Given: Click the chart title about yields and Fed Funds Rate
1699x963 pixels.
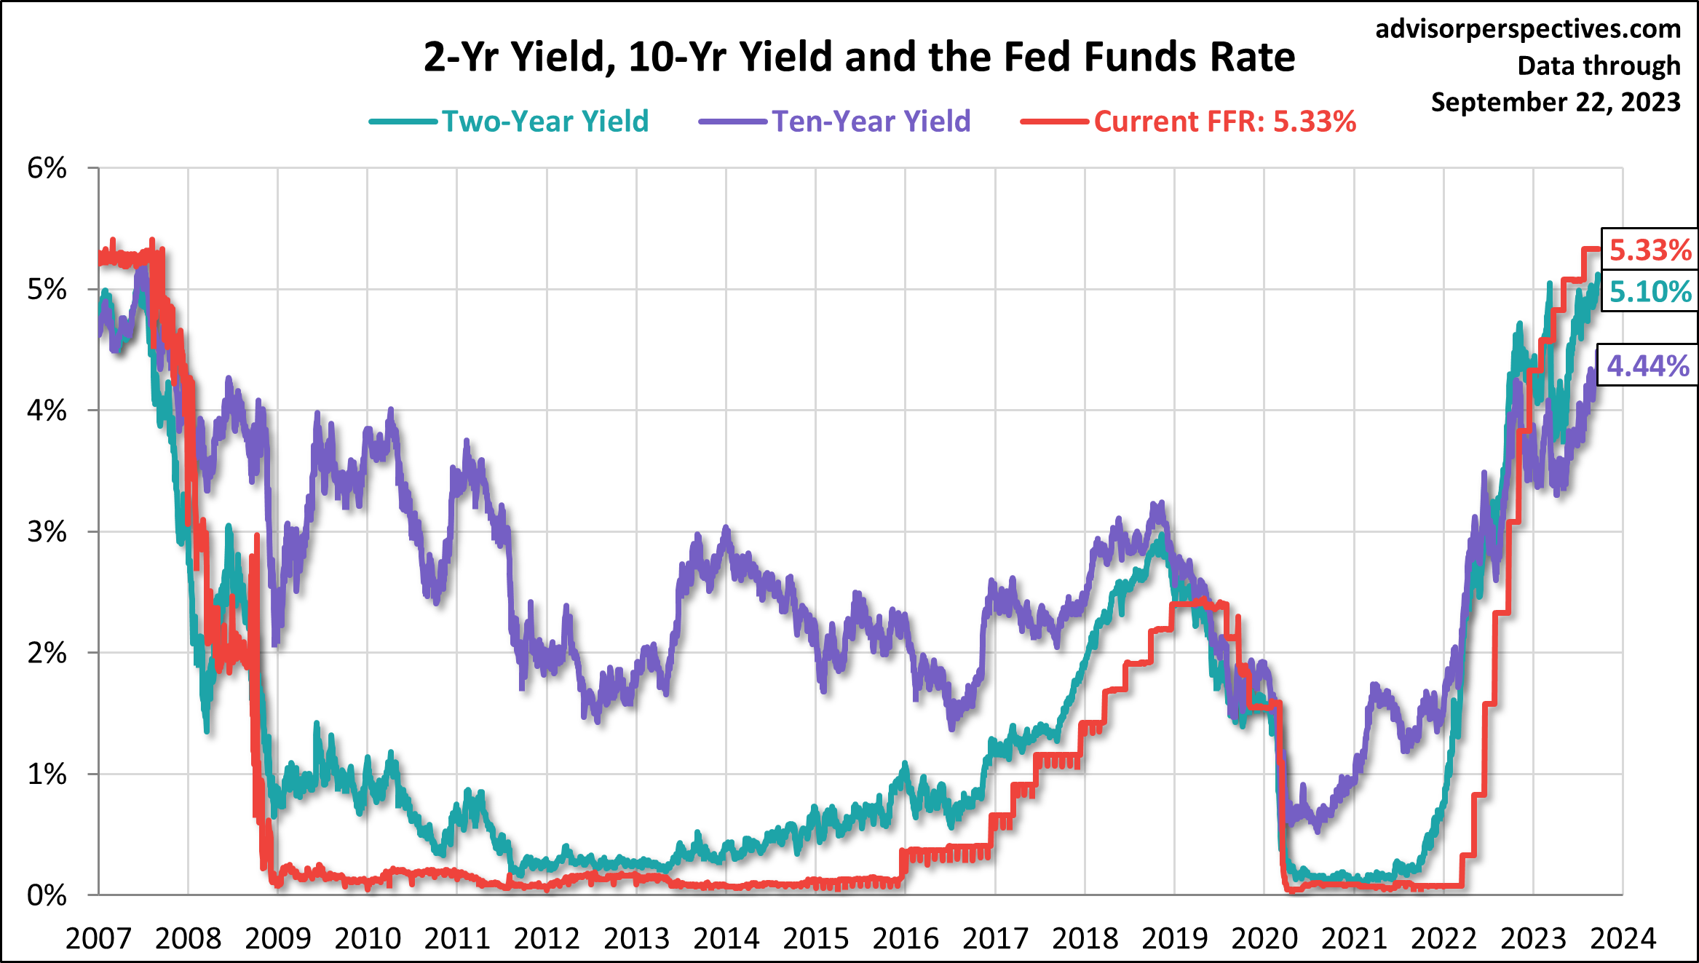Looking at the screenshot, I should pos(859,57).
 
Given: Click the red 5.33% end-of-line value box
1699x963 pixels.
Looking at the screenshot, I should pos(1650,250).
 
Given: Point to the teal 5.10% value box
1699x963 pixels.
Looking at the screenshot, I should pos(1650,291).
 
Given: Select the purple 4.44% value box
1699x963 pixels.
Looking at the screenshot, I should pos(1647,365).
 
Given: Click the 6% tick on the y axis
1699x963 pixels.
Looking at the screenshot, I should pos(47,168).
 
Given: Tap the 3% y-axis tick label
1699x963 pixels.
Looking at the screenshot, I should pos(47,532).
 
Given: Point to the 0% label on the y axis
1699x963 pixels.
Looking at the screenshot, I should pos(47,895).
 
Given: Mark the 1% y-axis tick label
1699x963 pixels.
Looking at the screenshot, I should pos(47,774).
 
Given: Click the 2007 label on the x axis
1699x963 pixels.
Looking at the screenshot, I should pos(98,938).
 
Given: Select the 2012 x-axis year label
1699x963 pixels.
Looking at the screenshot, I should pos(547,938).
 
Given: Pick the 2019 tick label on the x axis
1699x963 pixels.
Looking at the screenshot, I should pos(1174,938).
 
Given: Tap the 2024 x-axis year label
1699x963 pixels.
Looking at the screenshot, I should pos(1623,938).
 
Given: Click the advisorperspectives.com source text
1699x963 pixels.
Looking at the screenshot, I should pos(1528,29).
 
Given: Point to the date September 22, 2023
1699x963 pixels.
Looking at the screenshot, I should pos(1556,102).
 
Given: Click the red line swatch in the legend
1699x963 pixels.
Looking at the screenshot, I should pos(1054,122).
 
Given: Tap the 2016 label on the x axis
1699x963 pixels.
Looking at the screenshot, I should pos(906,938).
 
